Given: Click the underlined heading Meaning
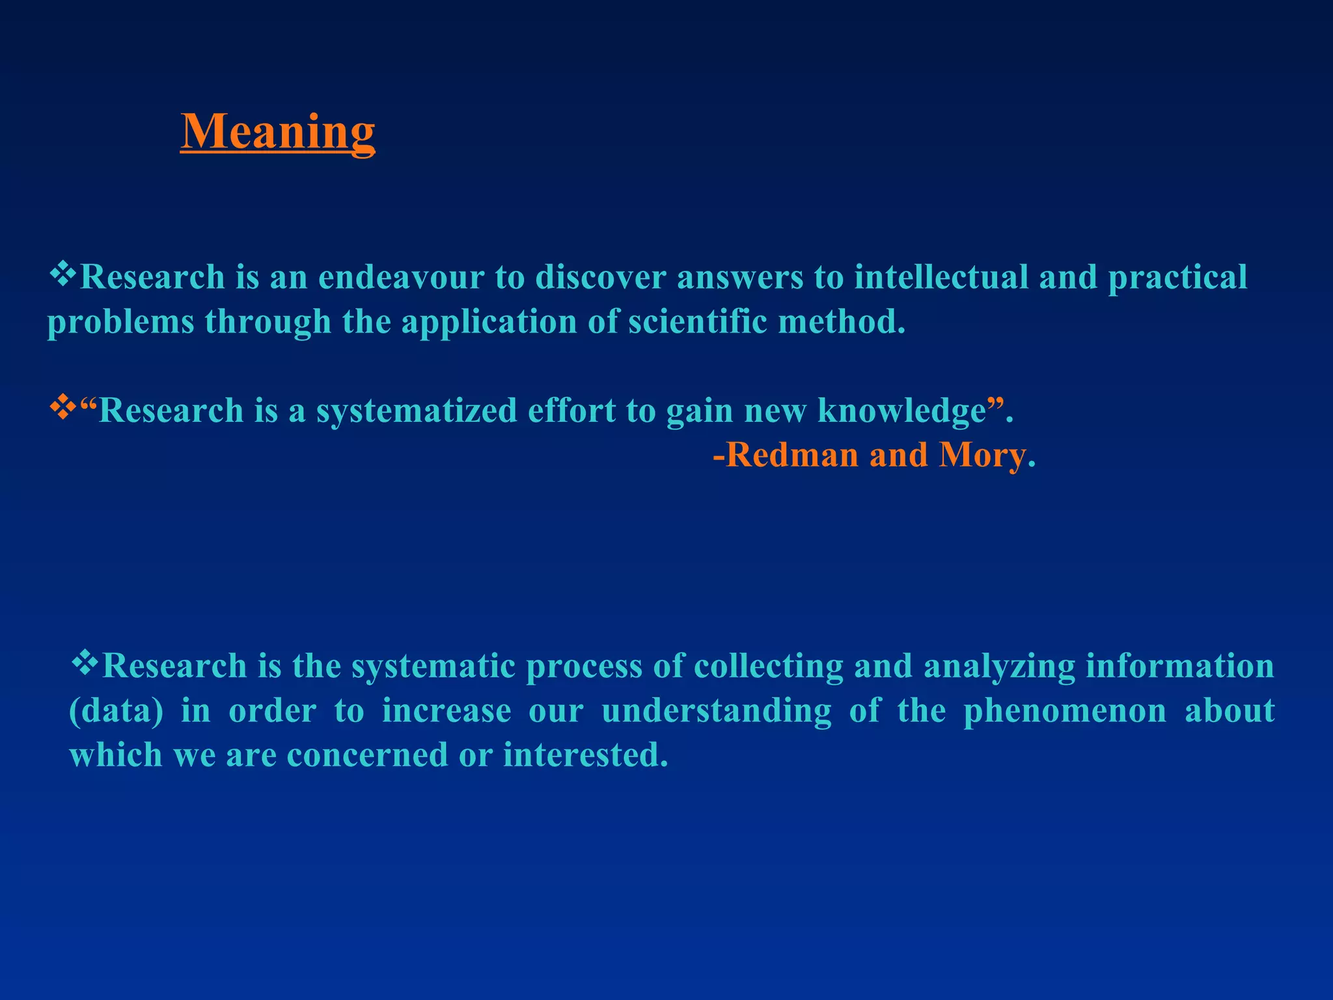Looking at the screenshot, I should [x=278, y=132].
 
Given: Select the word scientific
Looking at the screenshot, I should [x=697, y=322].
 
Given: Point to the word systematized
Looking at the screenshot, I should [x=417, y=411].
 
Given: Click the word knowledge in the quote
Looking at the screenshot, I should [x=901, y=411].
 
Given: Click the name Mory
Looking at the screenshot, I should [x=982, y=455].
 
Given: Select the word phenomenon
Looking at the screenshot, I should [x=1065, y=711].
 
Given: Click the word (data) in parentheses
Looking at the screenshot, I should [x=117, y=711].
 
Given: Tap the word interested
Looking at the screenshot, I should [x=585, y=755].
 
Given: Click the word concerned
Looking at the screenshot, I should [x=367, y=755].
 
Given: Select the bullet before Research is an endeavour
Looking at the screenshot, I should [x=62, y=273].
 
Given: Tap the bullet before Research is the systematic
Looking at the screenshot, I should [x=85, y=663].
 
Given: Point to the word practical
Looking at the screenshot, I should [x=1177, y=277].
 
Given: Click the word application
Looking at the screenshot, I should [x=489, y=322].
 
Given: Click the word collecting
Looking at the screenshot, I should [x=769, y=667].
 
